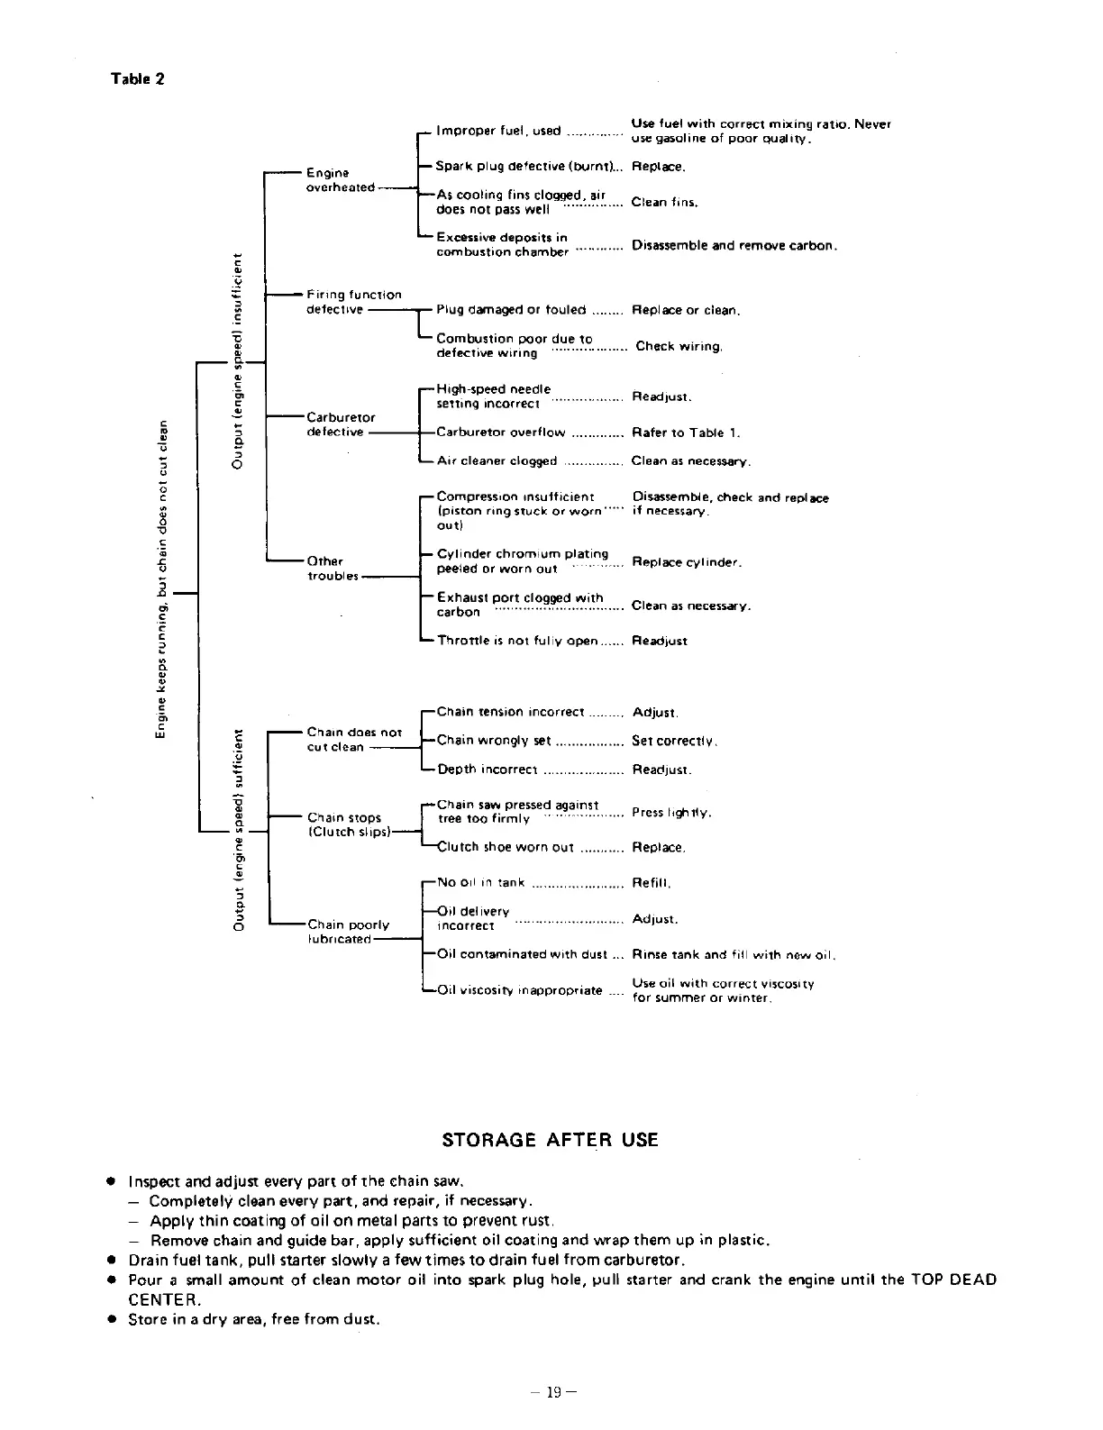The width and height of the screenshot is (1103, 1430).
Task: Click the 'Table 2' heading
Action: tap(137, 78)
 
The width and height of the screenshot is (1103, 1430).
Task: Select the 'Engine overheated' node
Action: tap(339, 180)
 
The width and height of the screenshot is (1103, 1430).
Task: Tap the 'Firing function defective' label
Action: tap(353, 302)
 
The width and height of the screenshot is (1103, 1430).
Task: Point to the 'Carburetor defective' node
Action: tap(341, 424)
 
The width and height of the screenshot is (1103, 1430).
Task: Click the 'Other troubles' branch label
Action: tap(333, 569)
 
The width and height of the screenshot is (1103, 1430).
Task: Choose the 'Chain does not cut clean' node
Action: tap(353, 740)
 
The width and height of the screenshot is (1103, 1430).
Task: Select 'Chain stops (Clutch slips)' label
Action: tap(349, 825)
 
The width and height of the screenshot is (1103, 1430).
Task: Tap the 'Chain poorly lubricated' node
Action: tap(348, 932)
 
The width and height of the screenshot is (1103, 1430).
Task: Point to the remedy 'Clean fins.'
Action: tap(664, 203)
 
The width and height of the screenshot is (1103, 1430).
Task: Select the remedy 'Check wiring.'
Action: tap(679, 347)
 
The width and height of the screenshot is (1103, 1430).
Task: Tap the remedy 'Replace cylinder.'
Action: tap(687, 562)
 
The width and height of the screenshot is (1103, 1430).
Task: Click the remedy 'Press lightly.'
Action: tap(671, 813)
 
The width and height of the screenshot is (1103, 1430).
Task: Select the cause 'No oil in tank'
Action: tap(480, 883)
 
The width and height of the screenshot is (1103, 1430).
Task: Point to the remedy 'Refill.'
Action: tap(652, 883)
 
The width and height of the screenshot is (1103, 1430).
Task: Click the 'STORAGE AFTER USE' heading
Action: tap(550, 1140)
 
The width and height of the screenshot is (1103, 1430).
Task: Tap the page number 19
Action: tap(552, 1392)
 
